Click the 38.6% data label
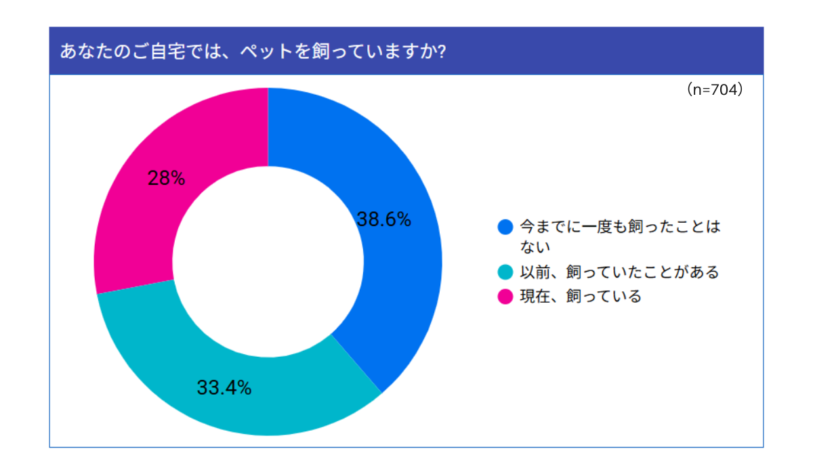tap(384, 219)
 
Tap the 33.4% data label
tap(224, 388)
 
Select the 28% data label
tap(166, 178)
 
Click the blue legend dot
tap(505, 227)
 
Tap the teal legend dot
tap(505, 272)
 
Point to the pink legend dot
tap(505, 297)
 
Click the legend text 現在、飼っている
tap(581, 297)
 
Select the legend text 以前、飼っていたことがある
tap(619, 272)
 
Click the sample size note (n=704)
tap(715, 89)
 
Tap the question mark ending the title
tap(441, 51)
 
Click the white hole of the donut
tap(268, 262)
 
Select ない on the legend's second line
tap(535, 247)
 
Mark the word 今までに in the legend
tap(551, 227)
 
